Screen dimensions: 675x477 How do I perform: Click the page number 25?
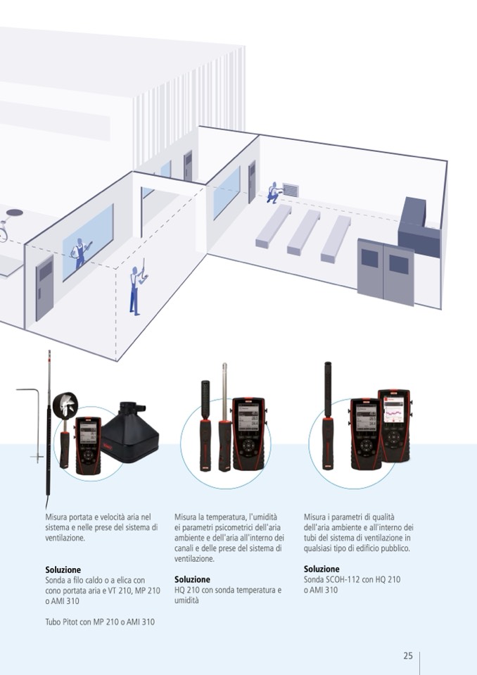tap(408, 655)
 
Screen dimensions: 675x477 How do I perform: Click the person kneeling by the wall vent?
tap(272, 192)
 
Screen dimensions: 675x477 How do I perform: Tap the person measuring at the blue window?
tap(81, 252)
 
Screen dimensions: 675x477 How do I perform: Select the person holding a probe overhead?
tap(135, 288)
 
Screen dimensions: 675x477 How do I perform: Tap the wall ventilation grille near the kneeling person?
tap(290, 190)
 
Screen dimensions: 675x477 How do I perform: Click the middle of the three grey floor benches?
tap(304, 230)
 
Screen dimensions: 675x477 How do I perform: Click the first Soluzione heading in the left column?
tap(63, 569)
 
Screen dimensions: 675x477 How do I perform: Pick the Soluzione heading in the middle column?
tap(192, 579)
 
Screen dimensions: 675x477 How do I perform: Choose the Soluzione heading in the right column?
tap(322, 569)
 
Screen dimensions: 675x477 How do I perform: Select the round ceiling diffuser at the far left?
tap(14, 211)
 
